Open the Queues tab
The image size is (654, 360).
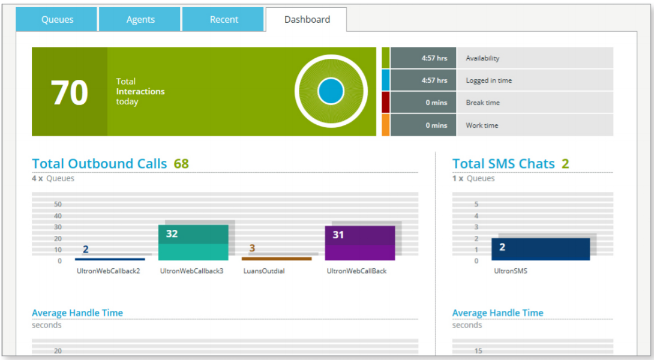click(x=57, y=20)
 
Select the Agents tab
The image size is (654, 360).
click(x=140, y=20)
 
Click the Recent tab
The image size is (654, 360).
click(x=224, y=20)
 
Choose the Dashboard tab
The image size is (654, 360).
click(x=307, y=20)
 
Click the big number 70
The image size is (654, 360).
click(x=70, y=92)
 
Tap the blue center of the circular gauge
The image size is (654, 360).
click(x=331, y=91)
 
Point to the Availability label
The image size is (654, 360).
click(x=482, y=58)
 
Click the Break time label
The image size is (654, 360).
click(x=482, y=103)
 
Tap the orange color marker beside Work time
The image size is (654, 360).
click(x=385, y=125)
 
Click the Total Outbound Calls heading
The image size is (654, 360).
click(x=100, y=164)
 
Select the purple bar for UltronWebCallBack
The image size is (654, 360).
click(x=360, y=243)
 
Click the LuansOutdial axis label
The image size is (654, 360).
click(x=264, y=271)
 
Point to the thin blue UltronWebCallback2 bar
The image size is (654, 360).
click(x=110, y=259)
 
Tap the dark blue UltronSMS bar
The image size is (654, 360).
click(x=541, y=249)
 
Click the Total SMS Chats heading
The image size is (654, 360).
click(x=503, y=164)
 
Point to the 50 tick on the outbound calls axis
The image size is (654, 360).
click(x=58, y=205)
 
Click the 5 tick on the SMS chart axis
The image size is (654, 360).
click(x=476, y=205)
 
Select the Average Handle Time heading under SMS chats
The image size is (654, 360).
click(x=497, y=313)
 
